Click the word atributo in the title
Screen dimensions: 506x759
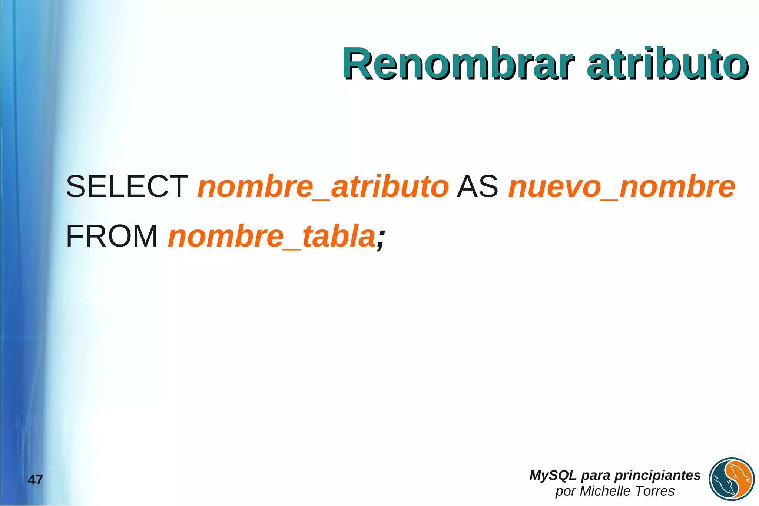pyautogui.click(x=667, y=64)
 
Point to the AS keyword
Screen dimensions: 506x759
pyautogui.click(x=478, y=186)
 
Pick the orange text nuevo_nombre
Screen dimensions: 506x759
pyautogui.click(x=622, y=186)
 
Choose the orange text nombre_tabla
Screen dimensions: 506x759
pyautogui.click(x=272, y=236)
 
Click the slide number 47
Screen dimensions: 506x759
pyautogui.click(x=36, y=480)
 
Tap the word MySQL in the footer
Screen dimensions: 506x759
pyautogui.click(x=553, y=475)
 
